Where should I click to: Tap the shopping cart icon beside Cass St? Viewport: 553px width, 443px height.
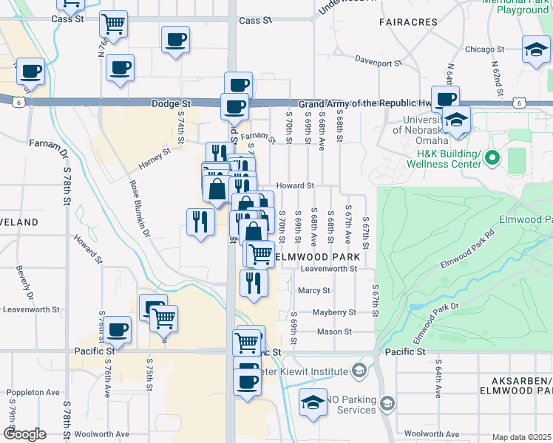click(x=113, y=25)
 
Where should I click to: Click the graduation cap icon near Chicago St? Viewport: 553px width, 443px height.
click(x=535, y=51)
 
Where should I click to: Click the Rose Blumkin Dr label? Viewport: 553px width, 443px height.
click(x=140, y=209)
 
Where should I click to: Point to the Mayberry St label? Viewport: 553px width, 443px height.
click(x=334, y=312)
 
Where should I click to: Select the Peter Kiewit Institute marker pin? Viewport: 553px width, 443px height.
click(x=359, y=370)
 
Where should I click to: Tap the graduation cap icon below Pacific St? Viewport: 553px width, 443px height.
click(x=313, y=403)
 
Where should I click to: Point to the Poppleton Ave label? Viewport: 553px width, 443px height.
click(x=33, y=393)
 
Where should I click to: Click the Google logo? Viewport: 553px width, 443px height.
click(x=24, y=433)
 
